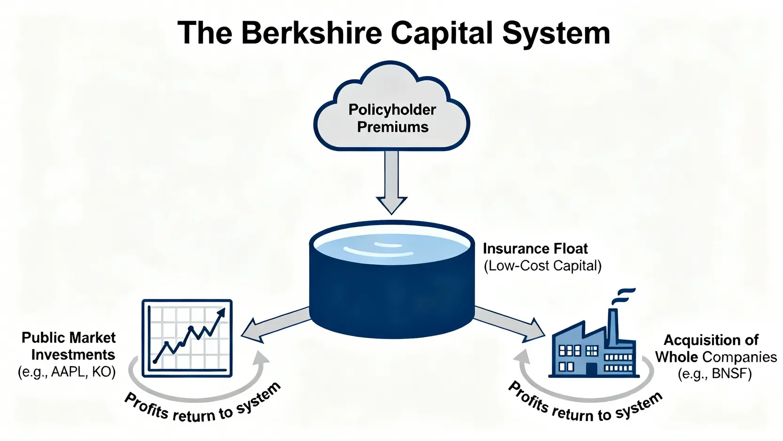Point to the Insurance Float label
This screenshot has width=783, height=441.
coord(535,249)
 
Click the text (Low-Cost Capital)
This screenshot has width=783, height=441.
coord(542,266)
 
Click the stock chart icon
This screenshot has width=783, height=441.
coord(187,338)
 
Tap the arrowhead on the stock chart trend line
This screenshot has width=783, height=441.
coord(221,313)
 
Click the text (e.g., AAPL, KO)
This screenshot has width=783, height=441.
coord(67,372)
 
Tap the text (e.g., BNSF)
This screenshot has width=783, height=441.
coord(714,374)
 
